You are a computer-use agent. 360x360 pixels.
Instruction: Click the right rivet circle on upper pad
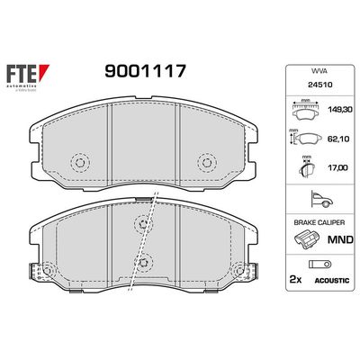207,163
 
